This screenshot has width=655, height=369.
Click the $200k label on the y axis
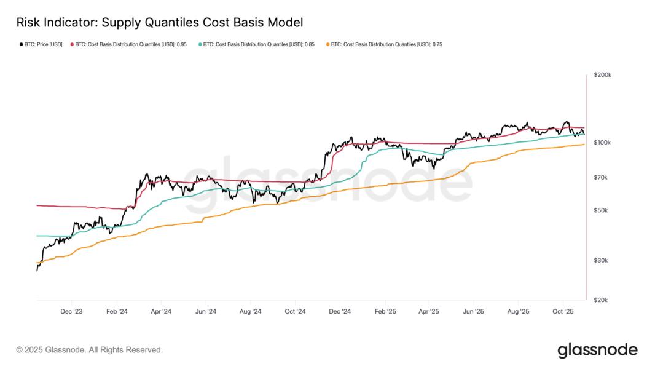pos(602,75)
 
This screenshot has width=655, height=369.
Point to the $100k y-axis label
pos(602,143)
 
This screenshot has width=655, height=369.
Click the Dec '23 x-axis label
pos(72,312)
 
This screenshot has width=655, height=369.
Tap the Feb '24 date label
pos(117,312)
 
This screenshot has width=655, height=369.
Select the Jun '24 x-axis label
pos(206,312)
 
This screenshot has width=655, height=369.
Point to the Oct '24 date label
pos(295,312)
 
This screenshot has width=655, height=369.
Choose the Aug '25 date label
pos(518,312)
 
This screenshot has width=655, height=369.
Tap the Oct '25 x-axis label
pos(563,312)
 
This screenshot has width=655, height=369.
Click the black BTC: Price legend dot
pos(21,45)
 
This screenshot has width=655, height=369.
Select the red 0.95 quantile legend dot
pos(72,45)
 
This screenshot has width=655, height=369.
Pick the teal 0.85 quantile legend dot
pos(200,45)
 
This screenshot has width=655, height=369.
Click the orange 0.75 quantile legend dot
pos(327,45)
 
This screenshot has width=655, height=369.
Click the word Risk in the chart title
pos(28,23)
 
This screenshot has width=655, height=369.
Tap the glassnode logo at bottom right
pos(597,350)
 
